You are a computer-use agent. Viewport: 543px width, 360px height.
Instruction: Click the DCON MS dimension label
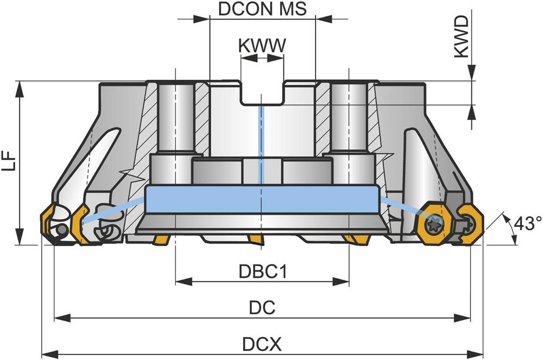click(262, 9)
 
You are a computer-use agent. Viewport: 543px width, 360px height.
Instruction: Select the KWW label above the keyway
click(262, 46)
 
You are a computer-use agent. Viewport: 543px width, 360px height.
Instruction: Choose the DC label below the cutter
click(262, 308)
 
